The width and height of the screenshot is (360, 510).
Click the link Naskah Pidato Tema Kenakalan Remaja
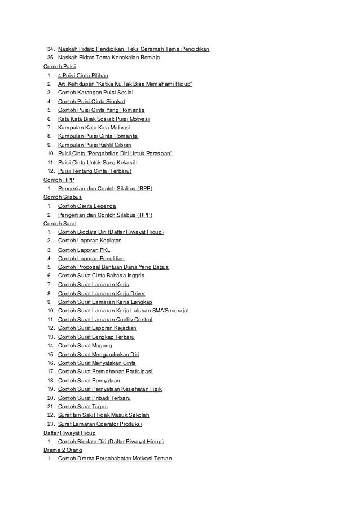109,58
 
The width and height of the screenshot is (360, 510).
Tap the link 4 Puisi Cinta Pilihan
83,75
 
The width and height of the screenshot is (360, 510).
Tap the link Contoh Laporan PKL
84,250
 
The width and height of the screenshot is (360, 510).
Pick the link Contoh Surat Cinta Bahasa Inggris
101,276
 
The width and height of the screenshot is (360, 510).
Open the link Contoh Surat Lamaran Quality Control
105,319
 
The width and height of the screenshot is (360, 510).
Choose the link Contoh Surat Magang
85,345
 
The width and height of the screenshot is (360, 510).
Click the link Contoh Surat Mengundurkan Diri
98,354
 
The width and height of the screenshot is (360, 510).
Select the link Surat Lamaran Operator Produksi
100,424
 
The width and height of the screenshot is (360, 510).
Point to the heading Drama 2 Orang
63,450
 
